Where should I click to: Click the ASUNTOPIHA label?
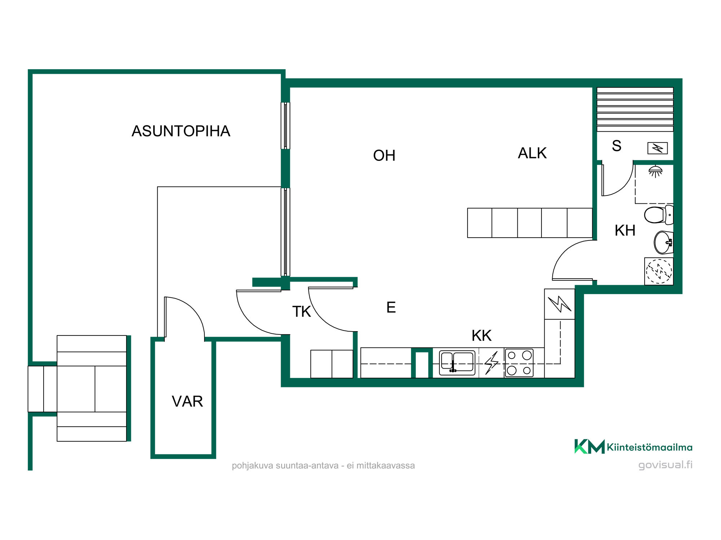181,131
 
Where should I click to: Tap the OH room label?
384,156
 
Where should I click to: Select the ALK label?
532,153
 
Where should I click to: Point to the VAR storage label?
187,401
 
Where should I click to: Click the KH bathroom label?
625,230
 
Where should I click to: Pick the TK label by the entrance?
301,312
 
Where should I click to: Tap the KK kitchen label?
481,336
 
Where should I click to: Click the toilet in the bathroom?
659,215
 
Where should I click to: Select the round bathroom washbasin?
663,243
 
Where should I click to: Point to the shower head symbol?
655,171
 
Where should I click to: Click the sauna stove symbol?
658,148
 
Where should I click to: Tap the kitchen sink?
457,363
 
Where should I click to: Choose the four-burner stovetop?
519,363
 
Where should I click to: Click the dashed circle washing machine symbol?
659,271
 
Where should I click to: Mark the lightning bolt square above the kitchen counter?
559,304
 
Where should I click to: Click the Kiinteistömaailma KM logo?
589,447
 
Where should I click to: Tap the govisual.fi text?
665,465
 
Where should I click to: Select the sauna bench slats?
635,109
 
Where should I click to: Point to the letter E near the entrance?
391,307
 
